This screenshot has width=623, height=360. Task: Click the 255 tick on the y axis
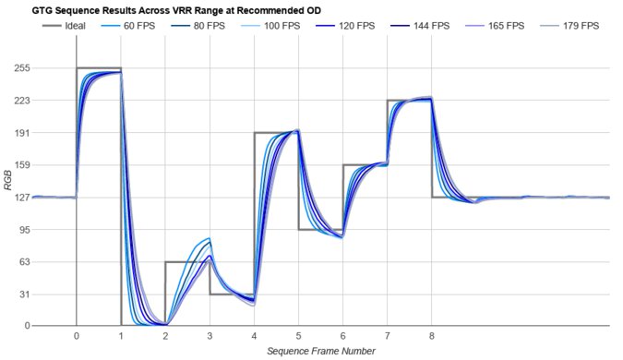18,68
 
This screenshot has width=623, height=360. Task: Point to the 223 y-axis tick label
18,101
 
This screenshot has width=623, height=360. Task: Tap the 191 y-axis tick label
18,133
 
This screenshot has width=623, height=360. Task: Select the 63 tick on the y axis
21,261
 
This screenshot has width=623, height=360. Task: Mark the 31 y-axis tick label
21,294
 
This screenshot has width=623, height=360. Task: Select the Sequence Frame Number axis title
320,352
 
